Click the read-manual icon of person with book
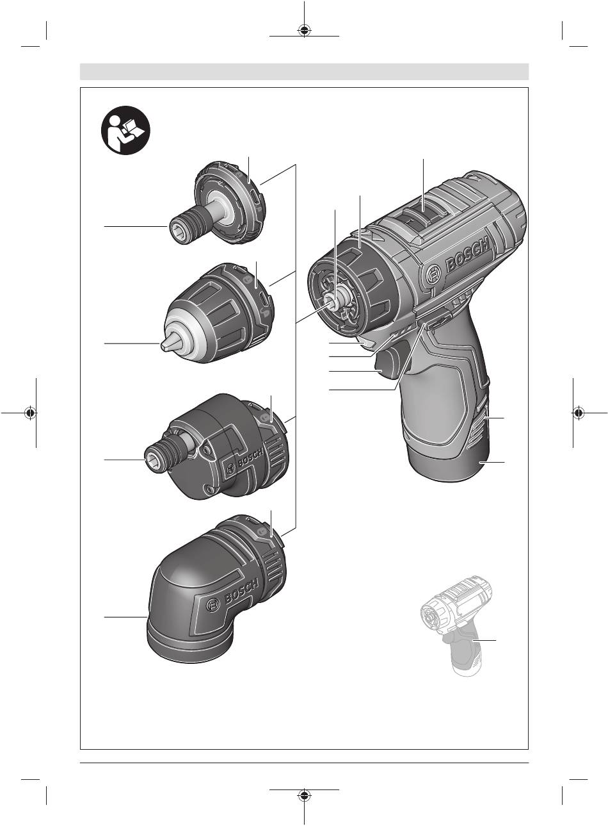tap(125, 130)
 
